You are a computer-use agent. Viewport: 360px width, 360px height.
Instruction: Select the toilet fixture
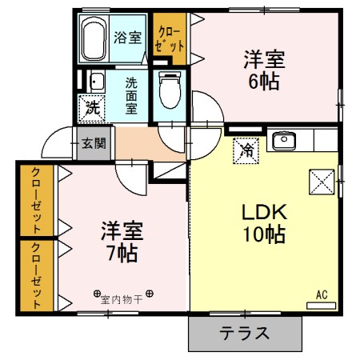click(169, 90)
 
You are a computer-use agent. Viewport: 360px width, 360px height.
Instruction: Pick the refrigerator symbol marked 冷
click(247, 149)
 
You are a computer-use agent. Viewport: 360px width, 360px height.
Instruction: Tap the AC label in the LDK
click(322, 294)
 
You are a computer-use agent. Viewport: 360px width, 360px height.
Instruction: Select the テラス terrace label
click(244, 334)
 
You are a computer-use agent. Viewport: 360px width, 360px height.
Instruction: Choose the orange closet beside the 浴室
click(170, 37)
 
